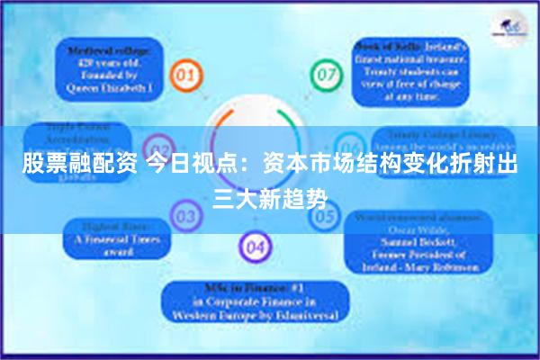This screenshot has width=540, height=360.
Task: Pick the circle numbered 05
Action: click(326, 216)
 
